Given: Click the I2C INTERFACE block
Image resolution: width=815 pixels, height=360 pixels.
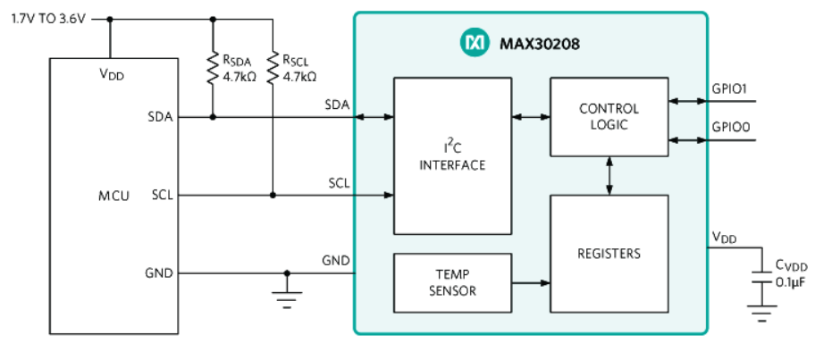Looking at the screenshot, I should pyautogui.click(x=452, y=156).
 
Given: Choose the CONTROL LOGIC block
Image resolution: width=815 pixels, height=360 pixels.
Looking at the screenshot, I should pyautogui.click(x=609, y=117).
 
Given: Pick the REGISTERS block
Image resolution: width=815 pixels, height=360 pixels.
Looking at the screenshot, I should pyautogui.click(x=609, y=254).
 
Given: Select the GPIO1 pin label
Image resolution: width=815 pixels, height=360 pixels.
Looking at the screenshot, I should pyautogui.click(x=730, y=89).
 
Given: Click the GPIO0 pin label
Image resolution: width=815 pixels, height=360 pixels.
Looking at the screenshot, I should pyautogui.click(x=730, y=128).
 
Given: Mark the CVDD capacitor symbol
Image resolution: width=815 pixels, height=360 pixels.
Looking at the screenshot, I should pyautogui.click(x=761, y=275).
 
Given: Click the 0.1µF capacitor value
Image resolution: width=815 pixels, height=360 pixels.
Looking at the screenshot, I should pyautogui.click(x=791, y=283).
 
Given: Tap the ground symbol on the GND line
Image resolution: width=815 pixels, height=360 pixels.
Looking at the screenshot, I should pyautogui.click(x=287, y=300).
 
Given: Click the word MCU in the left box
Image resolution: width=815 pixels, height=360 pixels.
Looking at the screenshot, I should pyautogui.click(x=113, y=195).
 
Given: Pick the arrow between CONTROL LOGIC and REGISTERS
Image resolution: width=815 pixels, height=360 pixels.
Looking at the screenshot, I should pyautogui.click(x=609, y=176).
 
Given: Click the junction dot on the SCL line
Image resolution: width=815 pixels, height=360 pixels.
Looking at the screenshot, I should pyautogui.click(x=272, y=195).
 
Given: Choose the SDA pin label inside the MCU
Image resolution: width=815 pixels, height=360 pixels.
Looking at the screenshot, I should pyautogui.click(x=162, y=117).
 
